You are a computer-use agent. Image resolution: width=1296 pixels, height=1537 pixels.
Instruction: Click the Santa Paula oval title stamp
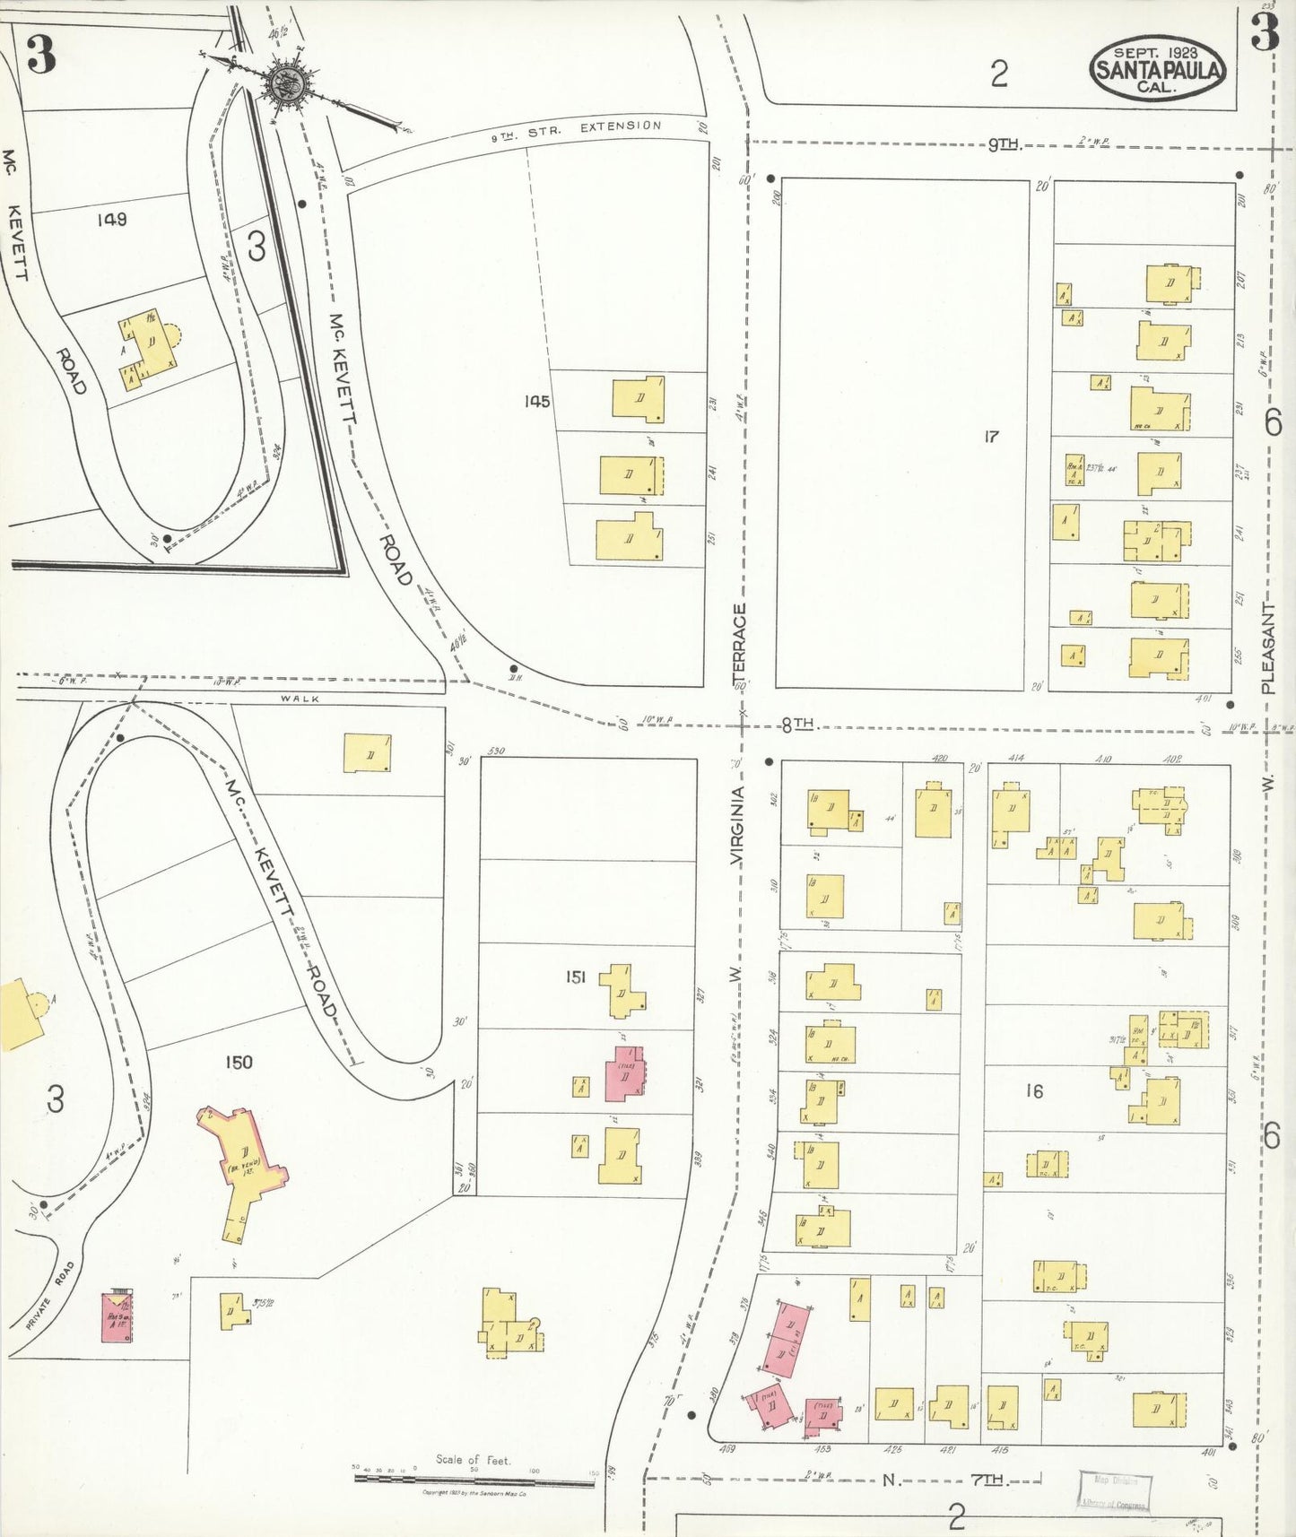[x=1157, y=69]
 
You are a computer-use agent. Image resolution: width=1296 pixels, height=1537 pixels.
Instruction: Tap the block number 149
[x=112, y=219]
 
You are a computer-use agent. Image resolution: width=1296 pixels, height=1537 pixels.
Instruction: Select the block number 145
[x=537, y=402]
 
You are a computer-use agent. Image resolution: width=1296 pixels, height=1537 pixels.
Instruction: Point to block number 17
[x=990, y=437]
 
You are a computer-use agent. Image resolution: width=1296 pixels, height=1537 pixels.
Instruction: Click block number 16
[x=1034, y=1091]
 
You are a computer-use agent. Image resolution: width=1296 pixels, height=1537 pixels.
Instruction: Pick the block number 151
[x=575, y=977]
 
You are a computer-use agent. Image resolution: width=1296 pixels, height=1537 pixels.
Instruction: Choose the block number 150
[x=238, y=1063]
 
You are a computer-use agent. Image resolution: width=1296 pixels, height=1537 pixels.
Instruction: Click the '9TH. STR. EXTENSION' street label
[x=576, y=131]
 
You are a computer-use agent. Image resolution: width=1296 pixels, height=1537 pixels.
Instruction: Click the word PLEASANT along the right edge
[x=1267, y=647]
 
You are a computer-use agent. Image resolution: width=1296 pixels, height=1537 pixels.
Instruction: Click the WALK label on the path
[x=299, y=699]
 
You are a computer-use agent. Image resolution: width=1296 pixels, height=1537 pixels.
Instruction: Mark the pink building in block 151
[x=624, y=1073]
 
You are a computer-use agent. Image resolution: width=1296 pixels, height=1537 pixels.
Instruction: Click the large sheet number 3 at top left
[x=40, y=55]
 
